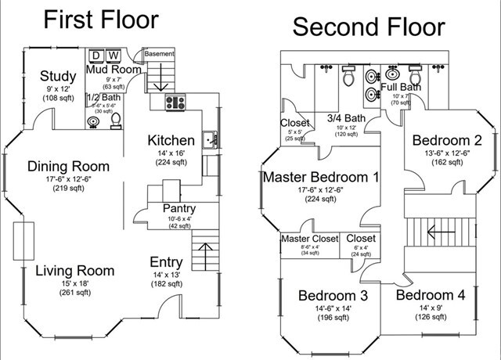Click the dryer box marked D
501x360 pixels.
(97, 56)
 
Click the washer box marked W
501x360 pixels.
(114, 56)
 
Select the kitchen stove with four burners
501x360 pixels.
(175, 101)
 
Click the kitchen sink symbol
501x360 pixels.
(209, 141)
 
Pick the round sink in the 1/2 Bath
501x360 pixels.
(95, 122)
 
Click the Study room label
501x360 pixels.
(59, 76)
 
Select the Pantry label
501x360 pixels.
(178, 209)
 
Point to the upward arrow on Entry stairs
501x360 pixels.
(207, 254)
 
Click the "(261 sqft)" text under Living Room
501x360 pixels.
(75, 293)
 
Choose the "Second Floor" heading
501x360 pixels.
(368, 27)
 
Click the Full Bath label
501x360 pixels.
(401, 87)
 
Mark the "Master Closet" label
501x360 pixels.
(306, 239)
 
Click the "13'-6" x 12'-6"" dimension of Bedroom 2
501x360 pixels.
(446, 153)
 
